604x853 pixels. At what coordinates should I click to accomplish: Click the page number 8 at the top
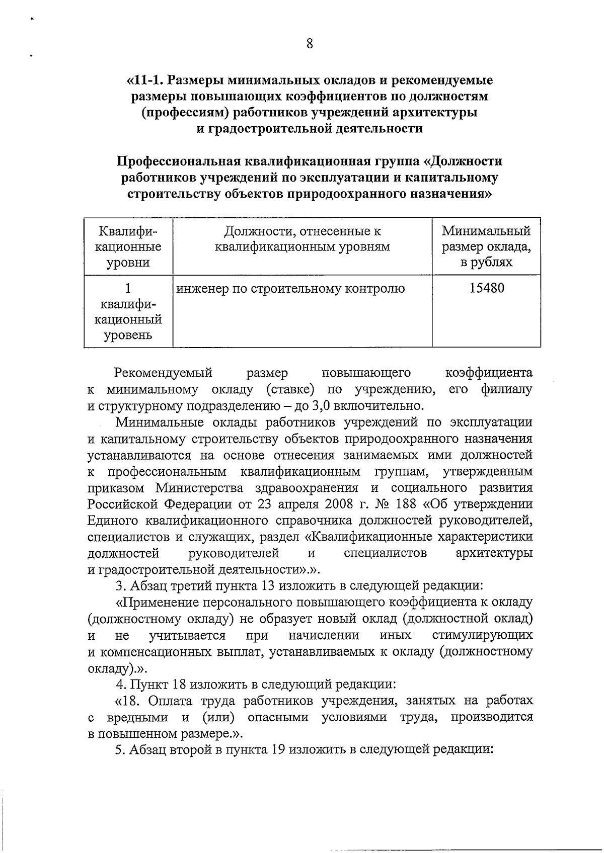pyautogui.click(x=310, y=44)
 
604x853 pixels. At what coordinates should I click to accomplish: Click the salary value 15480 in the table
pyautogui.click(x=486, y=288)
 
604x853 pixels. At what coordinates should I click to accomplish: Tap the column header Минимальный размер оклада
pyautogui.click(x=486, y=246)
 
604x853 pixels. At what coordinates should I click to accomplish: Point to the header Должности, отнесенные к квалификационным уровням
pyautogui.click(x=302, y=239)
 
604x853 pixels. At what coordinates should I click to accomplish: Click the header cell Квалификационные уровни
pyautogui.click(x=128, y=246)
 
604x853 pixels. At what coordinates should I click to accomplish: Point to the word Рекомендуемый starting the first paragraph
pyautogui.click(x=163, y=373)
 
